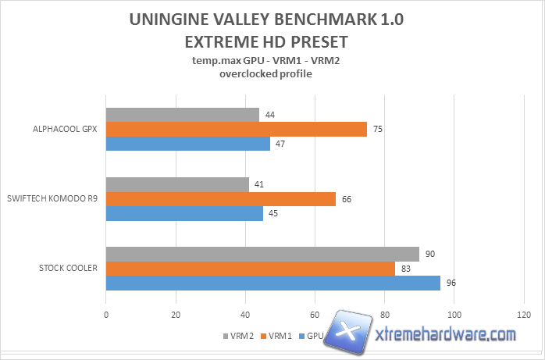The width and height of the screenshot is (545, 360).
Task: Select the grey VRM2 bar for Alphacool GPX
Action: pos(182,115)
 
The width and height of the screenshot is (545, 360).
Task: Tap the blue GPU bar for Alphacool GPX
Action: pos(187,144)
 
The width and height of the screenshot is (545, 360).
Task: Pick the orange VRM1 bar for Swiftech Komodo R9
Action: pos(220,199)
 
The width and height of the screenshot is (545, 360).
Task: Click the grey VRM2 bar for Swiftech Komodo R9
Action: pos(177,185)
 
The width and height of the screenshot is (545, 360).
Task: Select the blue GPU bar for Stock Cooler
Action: pos(272,283)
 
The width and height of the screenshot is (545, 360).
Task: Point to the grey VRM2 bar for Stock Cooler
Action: pos(262,255)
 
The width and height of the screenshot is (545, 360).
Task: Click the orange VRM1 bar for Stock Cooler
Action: pos(250,269)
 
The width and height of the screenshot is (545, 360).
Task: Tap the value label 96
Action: pos(451,283)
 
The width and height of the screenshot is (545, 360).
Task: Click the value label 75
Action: pos(377,130)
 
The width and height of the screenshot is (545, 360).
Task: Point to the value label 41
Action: pos(259,185)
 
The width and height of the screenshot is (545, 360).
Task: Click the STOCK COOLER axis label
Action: pos(68,269)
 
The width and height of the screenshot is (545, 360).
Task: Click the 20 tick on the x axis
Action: pos(176,315)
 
